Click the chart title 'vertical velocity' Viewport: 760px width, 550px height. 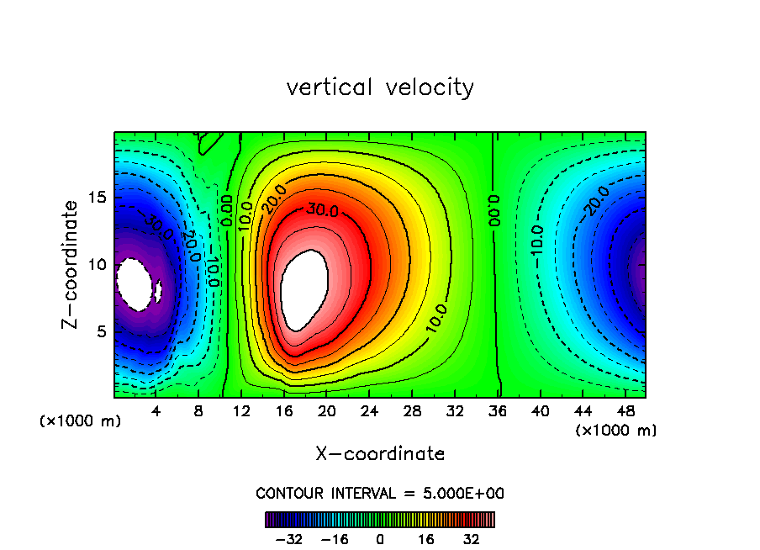point(380,87)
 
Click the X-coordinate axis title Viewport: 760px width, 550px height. point(380,454)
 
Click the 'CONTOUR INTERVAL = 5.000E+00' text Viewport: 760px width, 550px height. point(380,493)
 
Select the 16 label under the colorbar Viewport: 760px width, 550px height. point(427,539)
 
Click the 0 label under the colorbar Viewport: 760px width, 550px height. point(380,539)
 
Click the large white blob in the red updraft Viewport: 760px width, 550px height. point(304,290)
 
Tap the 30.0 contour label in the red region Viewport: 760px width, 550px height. point(322,210)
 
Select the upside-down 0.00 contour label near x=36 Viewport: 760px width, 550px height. point(494,210)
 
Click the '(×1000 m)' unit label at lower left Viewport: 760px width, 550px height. point(81,421)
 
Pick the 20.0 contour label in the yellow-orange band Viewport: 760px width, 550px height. point(274,198)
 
